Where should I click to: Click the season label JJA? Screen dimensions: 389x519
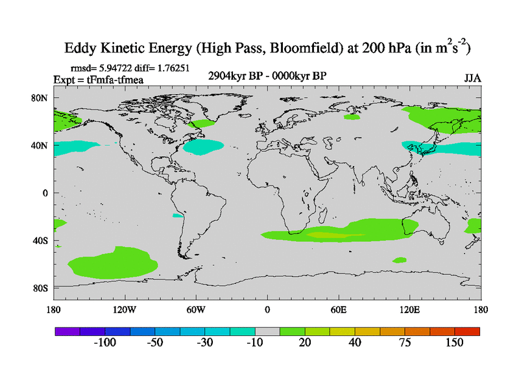[x=472, y=78]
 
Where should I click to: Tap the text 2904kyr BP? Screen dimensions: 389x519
[x=234, y=76]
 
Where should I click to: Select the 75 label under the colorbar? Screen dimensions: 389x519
[x=405, y=343]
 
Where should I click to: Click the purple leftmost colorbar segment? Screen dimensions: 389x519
[x=67, y=331]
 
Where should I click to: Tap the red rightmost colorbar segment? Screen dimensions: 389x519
[x=468, y=331]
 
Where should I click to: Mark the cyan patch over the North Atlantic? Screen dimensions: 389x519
[x=206, y=147]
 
